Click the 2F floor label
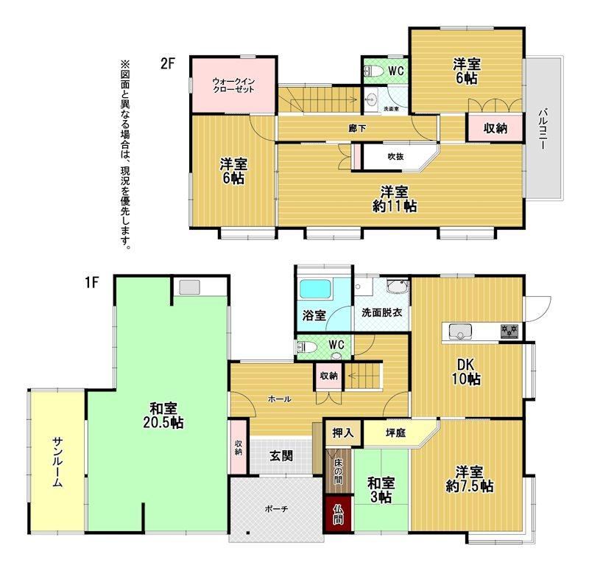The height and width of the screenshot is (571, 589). click(x=168, y=63)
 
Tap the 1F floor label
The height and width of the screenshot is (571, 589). click(x=91, y=282)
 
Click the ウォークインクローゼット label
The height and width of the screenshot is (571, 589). click(x=233, y=85)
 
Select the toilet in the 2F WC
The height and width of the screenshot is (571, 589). click(x=373, y=71)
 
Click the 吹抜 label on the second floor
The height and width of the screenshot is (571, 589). click(x=395, y=156)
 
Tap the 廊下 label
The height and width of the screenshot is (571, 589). click(x=357, y=128)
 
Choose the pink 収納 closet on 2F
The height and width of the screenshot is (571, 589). click(x=495, y=127)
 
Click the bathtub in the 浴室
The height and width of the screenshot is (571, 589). click(x=316, y=289)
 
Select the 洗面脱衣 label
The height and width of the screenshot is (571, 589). click(x=381, y=312)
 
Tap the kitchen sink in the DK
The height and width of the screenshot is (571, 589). click(x=461, y=332)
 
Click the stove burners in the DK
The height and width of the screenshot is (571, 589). click(x=509, y=331)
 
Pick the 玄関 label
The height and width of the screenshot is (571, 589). click(x=281, y=456)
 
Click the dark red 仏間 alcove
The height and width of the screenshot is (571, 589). click(x=338, y=514)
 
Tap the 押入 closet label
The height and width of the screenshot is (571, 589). click(x=343, y=432)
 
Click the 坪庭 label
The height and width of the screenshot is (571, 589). click(x=395, y=432)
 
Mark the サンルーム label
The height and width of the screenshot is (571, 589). click(x=57, y=463)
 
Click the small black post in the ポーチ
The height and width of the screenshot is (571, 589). click(x=248, y=533)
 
